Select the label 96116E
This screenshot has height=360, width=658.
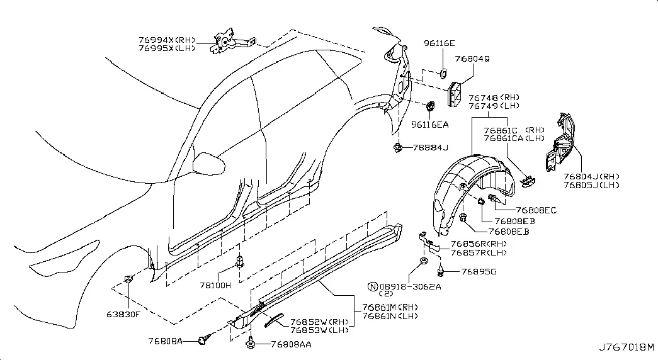(x=439, y=43)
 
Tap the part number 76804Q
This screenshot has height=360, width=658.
(x=472, y=59)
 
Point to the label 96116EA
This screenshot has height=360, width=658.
(x=429, y=125)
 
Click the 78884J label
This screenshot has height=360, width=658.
(x=431, y=148)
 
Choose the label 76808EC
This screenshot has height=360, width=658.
(x=536, y=210)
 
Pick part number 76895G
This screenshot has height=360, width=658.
(x=479, y=272)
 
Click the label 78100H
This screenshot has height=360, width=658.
(x=215, y=286)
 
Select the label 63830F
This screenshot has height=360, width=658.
(x=123, y=314)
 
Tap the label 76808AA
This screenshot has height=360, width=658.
(x=292, y=344)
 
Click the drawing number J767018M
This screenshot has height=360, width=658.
(x=626, y=347)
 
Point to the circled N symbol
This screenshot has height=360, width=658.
(x=373, y=286)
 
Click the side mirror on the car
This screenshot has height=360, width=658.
(x=208, y=164)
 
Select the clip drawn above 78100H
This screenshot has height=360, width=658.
(x=240, y=262)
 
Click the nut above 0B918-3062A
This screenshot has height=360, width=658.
(x=423, y=261)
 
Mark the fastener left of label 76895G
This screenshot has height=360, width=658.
(x=441, y=271)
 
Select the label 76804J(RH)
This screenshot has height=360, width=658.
(x=591, y=177)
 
